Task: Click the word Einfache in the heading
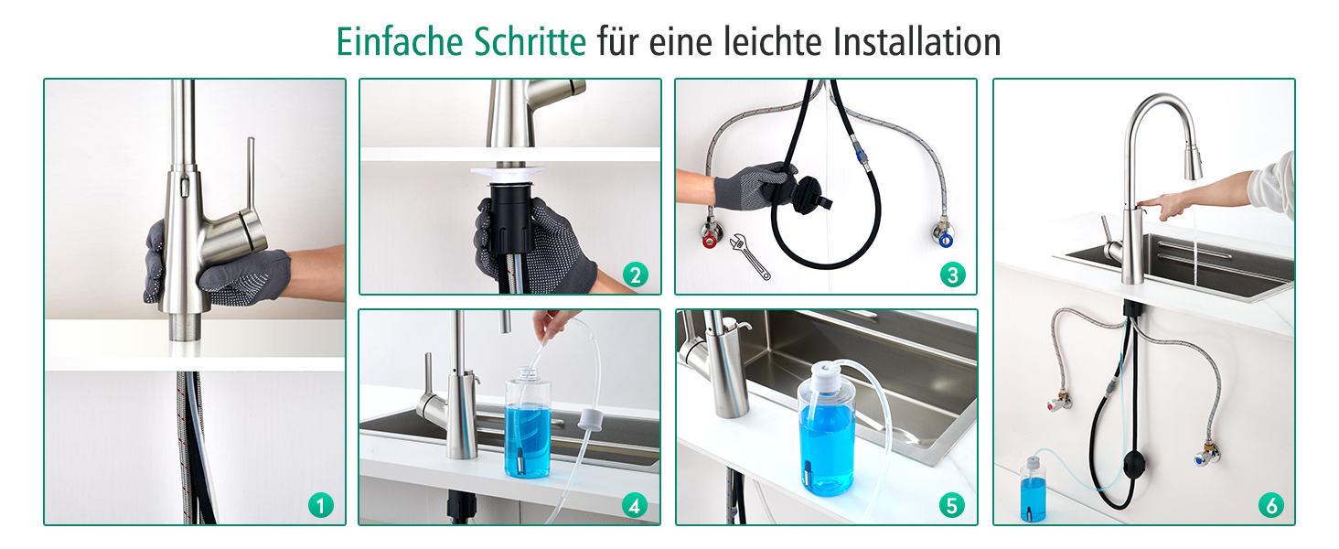click(x=400, y=42)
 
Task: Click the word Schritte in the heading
click(x=530, y=42)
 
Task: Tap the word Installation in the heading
click(x=917, y=42)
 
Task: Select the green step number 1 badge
click(x=321, y=505)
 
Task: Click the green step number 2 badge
click(x=636, y=275)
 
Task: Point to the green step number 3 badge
click(x=953, y=274)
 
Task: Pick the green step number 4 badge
click(x=635, y=505)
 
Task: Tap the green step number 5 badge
click(x=952, y=505)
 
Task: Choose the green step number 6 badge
click(x=1271, y=505)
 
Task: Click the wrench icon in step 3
click(x=750, y=256)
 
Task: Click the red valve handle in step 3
click(x=710, y=241)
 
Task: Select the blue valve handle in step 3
click(x=946, y=240)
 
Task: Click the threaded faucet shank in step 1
click(x=186, y=328)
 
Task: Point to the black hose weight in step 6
click(x=1134, y=464)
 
